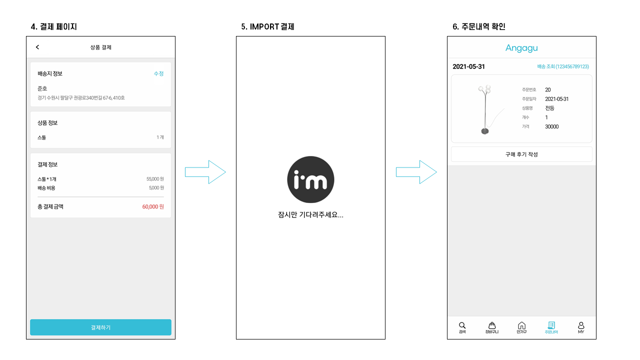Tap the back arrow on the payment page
pos(37,47)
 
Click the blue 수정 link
pos(158,73)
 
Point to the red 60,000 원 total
pos(153,206)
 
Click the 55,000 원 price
pos(155,178)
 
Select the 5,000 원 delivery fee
pos(156,188)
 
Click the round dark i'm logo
pos(310,180)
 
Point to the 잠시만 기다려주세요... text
pos(310,215)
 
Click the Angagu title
pos(521,48)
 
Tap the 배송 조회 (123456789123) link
pos(563,66)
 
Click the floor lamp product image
pos(484,109)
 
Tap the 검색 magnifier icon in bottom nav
pos(462,325)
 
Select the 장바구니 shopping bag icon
pos(491,325)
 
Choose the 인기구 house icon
pos(521,325)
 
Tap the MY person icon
pos(581,325)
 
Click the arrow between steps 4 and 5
pos(205,172)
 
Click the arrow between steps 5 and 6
pos(416,172)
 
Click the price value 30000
pos(552,127)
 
